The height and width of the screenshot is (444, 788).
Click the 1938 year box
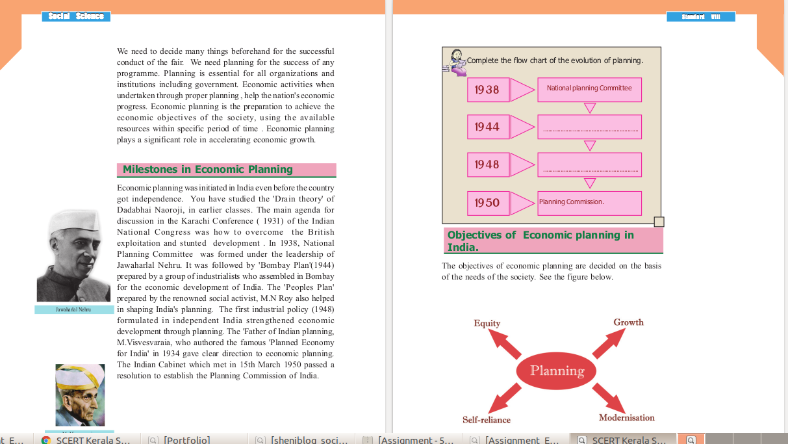click(487, 90)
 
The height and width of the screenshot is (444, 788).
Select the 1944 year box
click(487, 127)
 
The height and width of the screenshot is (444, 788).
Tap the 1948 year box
click(487, 164)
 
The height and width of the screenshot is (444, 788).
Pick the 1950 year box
click(487, 203)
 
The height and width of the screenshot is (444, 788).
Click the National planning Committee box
click(589, 89)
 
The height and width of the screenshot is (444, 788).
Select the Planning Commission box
click(589, 203)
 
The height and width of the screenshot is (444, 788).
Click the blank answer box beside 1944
click(589, 127)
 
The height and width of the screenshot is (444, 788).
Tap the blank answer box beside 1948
click(589, 164)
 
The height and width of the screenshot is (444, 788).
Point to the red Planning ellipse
click(557, 371)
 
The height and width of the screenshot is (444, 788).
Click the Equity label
click(487, 323)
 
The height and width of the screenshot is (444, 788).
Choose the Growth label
click(628, 322)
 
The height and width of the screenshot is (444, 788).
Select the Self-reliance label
click(487, 420)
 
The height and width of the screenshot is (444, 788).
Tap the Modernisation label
click(626, 418)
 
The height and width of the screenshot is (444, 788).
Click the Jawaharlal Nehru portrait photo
click(73, 255)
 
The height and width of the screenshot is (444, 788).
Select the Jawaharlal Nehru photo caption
click(74, 310)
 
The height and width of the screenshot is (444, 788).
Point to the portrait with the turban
click(80, 395)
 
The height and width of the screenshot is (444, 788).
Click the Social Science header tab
click(76, 16)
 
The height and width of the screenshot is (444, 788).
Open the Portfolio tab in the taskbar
click(186, 439)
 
